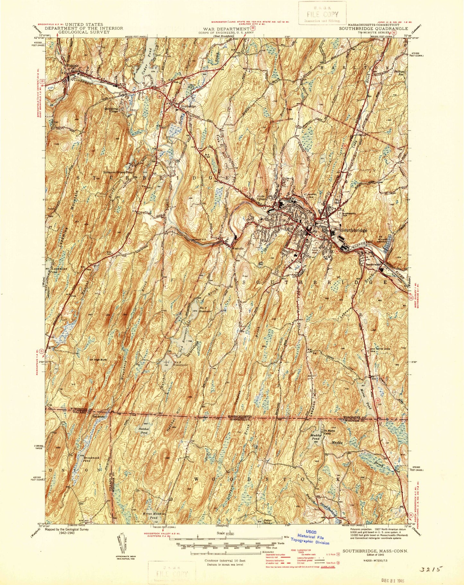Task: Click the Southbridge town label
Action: pos(354,230)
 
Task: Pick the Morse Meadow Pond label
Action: pos(149,516)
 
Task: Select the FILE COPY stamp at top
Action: pos(322,14)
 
